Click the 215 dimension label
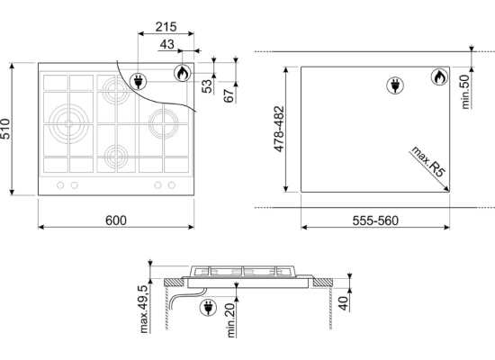pos(166,27)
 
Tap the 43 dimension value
pos(167,44)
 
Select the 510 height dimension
pos(5,129)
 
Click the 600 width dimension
pos(116,220)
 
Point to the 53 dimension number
pos(207,86)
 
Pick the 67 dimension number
pos(229,95)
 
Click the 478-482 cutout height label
pos(279,129)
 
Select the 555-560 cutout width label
pos(375,220)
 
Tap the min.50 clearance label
pos(465,92)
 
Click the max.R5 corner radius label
pos(428,161)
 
